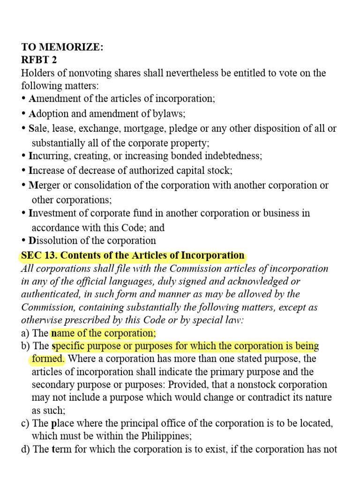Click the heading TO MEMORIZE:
click(x=62, y=47)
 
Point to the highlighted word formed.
click(x=47, y=359)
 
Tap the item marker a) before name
click(x=26, y=333)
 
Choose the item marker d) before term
click(x=26, y=449)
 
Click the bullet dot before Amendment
click(x=24, y=99)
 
